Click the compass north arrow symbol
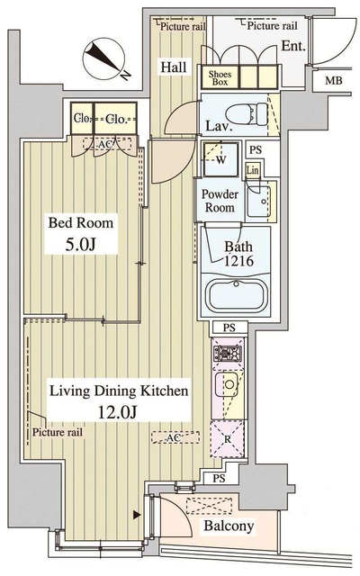tap(104, 58)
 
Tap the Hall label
tap(174, 67)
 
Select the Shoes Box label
tap(220, 78)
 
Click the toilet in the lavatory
tap(247, 113)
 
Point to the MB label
tap(333, 80)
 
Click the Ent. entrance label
tap(293, 46)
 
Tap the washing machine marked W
tap(220, 159)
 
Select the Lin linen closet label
tap(252, 170)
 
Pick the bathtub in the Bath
tap(236, 295)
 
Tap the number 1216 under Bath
tap(238, 260)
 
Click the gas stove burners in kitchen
tap(228, 354)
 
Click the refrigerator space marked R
tap(228, 439)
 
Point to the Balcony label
tap(229, 526)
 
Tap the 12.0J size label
tap(118, 412)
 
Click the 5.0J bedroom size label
tap(81, 244)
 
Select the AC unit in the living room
tap(175, 437)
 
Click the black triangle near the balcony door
tap(137, 515)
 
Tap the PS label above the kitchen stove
tap(229, 328)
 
